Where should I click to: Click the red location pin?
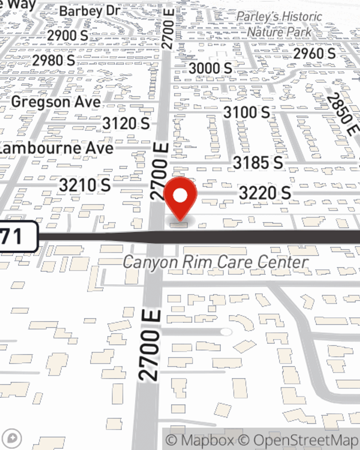click(180, 196)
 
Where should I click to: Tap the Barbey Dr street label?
click(89, 11)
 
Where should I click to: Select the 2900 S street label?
click(68, 35)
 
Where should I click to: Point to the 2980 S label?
click(54, 60)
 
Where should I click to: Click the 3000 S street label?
click(211, 68)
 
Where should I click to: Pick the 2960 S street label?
click(314, 54)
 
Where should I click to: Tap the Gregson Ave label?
click(56, 102)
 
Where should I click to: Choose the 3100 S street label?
click(247, 112)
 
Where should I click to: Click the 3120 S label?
click(126, 123)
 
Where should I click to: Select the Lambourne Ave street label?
click(56, 148)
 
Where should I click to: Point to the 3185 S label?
click(258, 163)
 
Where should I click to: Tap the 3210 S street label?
click(85, 185)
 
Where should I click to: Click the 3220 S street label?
click(265, 193)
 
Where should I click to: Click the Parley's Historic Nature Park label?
click(279, 24)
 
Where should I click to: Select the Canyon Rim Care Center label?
click(215, 262)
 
